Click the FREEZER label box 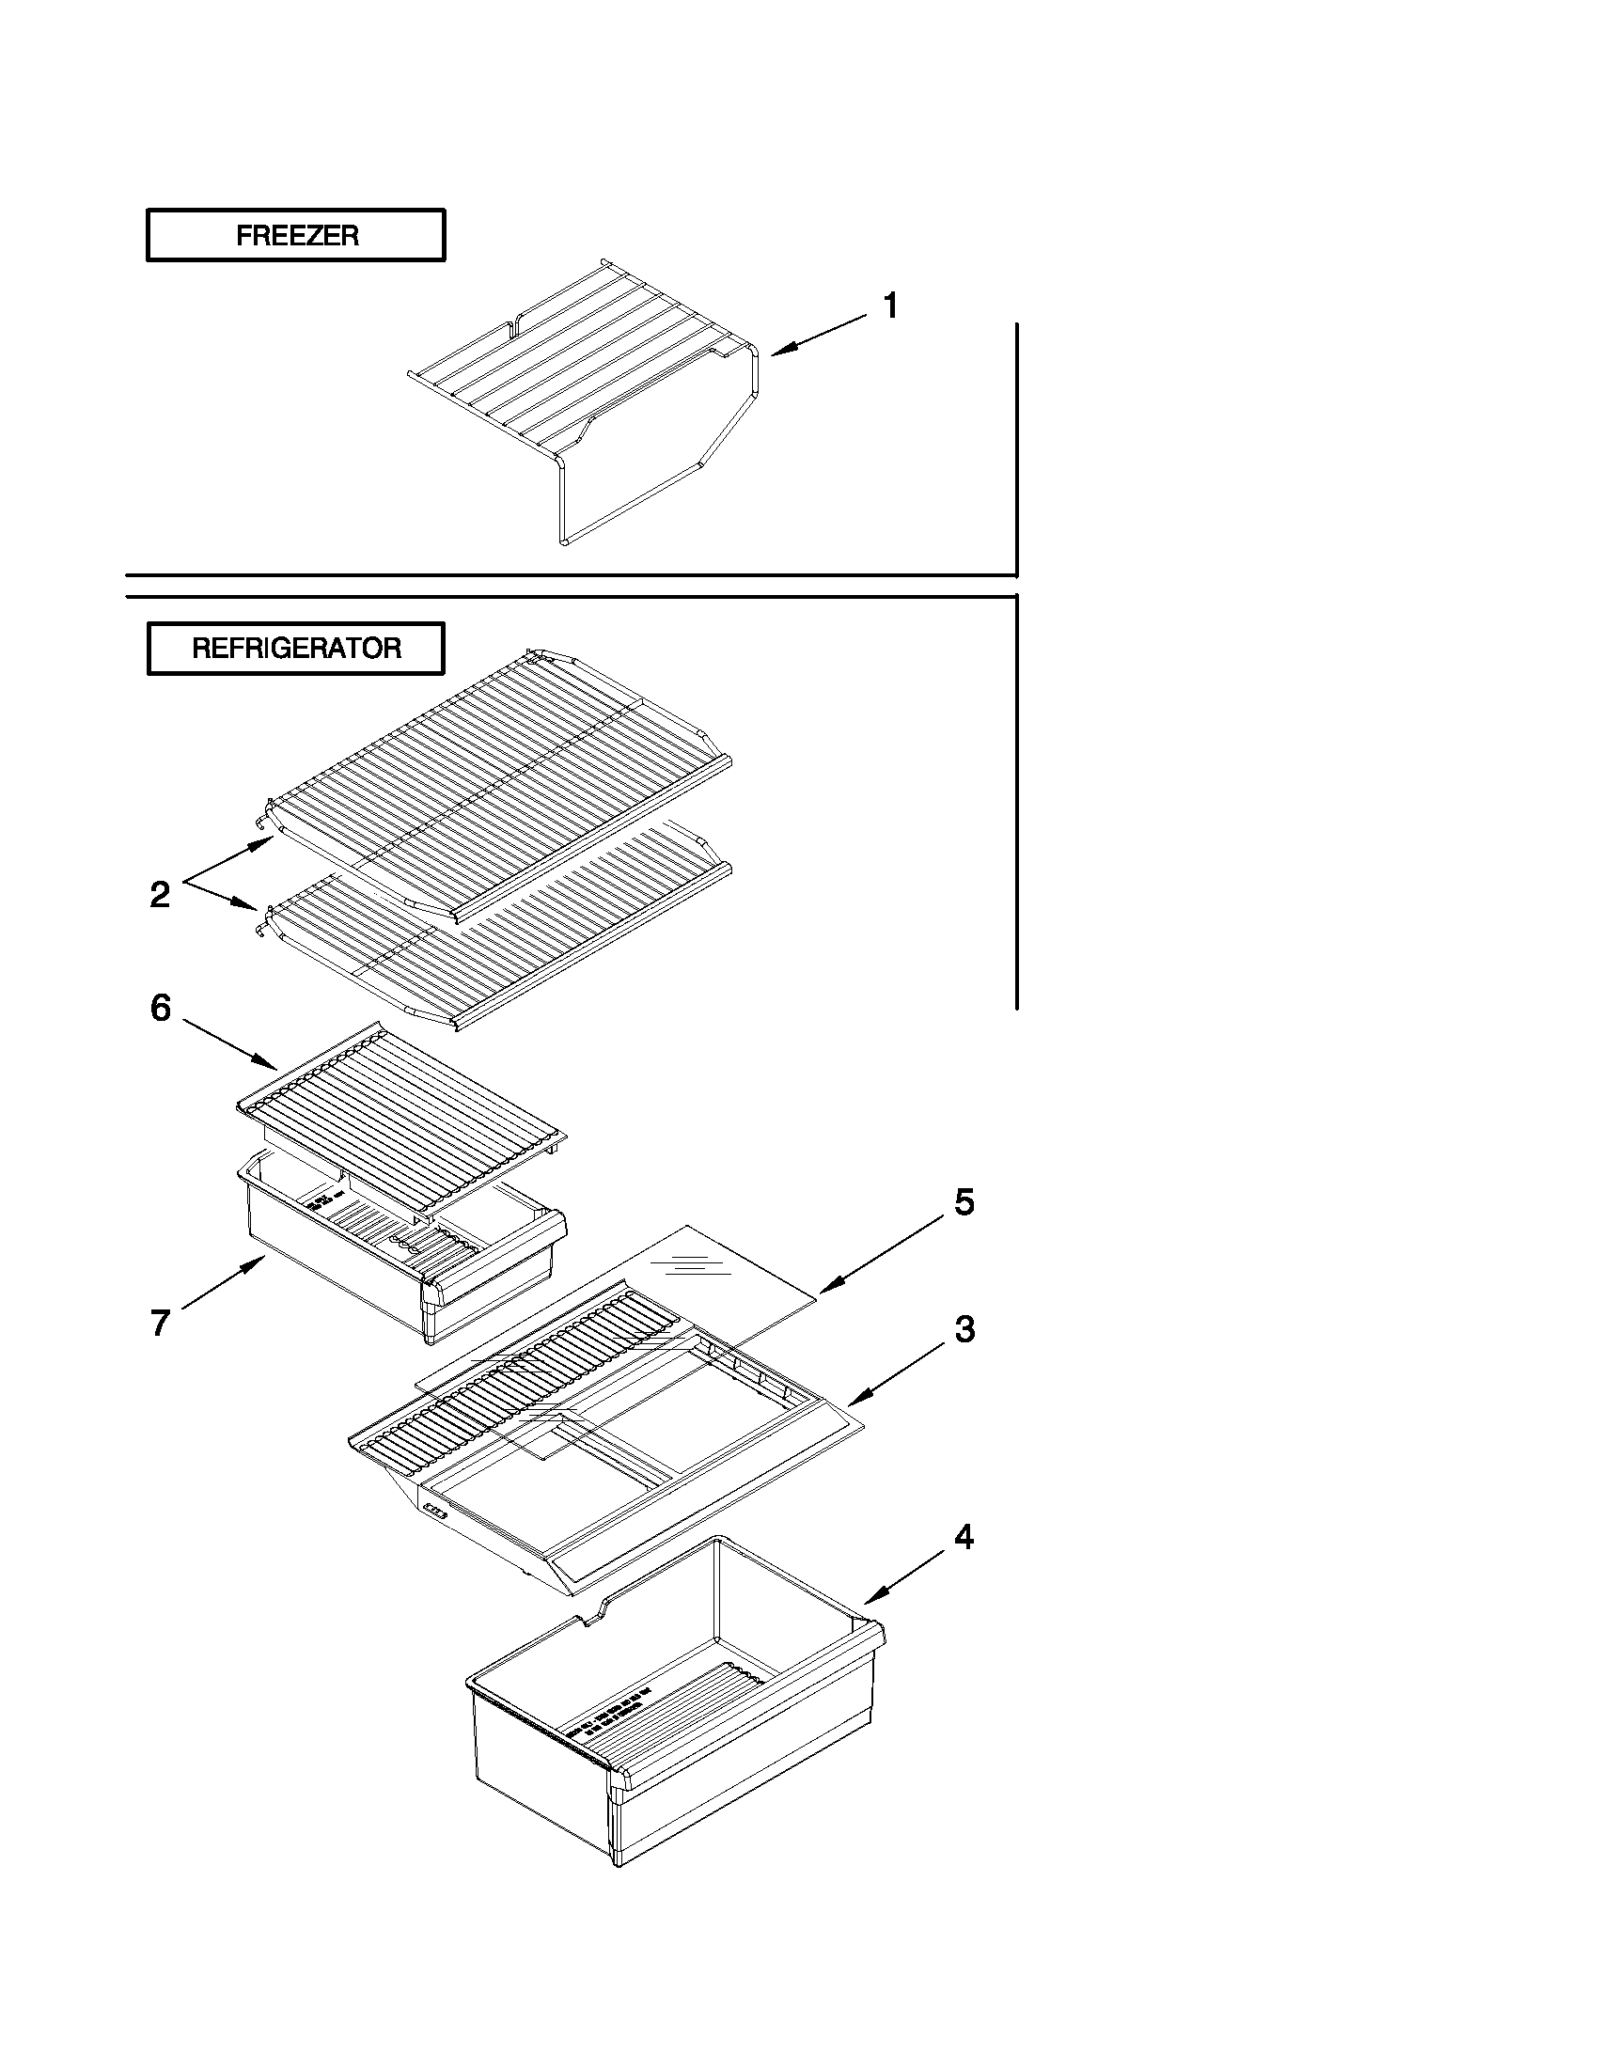[x=295, y=235]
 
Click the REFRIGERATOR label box [x=295, y=649]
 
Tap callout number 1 [x=890, y=306]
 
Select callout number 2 [x=160, y=894]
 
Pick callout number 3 [x=964, y=1330]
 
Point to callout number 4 [x=964, y=1537]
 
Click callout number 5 [x=964, y=1202]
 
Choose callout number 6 [x=161, y=1008]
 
